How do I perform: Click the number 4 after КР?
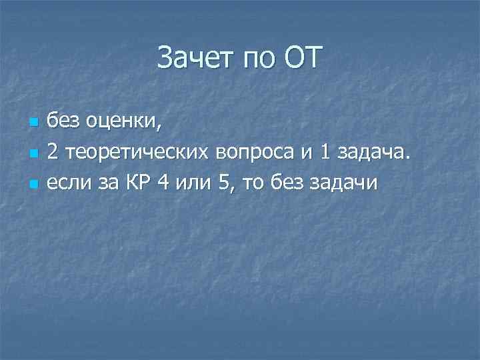(163, 182)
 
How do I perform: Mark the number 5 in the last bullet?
(222, 182)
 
